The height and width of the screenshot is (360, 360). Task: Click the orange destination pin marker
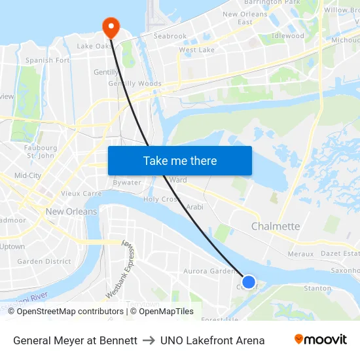tap(111, 26)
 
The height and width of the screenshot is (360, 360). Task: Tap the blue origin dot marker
tap(249, 282)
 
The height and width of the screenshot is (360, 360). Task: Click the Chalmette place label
tap(276, 226)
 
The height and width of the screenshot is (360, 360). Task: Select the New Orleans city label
tap(71, 211)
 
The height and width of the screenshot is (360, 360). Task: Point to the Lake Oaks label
tap(95, 46)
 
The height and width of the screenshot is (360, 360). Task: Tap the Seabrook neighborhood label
tap(170, 36)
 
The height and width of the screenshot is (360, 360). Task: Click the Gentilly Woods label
tap(134, 84)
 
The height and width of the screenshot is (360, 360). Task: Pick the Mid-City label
tap(27, 175)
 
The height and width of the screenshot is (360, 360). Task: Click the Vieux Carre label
tap(81, 194)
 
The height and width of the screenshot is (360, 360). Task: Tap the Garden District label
tap(44, 261)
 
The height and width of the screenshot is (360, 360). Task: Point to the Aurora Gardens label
tap(210, 271)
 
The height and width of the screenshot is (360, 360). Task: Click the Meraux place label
tap(300, 254)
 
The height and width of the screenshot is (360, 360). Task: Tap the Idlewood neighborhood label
tap(288, 36)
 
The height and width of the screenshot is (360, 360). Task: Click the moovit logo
tap(321, 340)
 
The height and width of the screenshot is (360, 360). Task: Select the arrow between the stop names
tap(149, 340)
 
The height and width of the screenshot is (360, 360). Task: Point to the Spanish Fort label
tap(48, 60)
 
